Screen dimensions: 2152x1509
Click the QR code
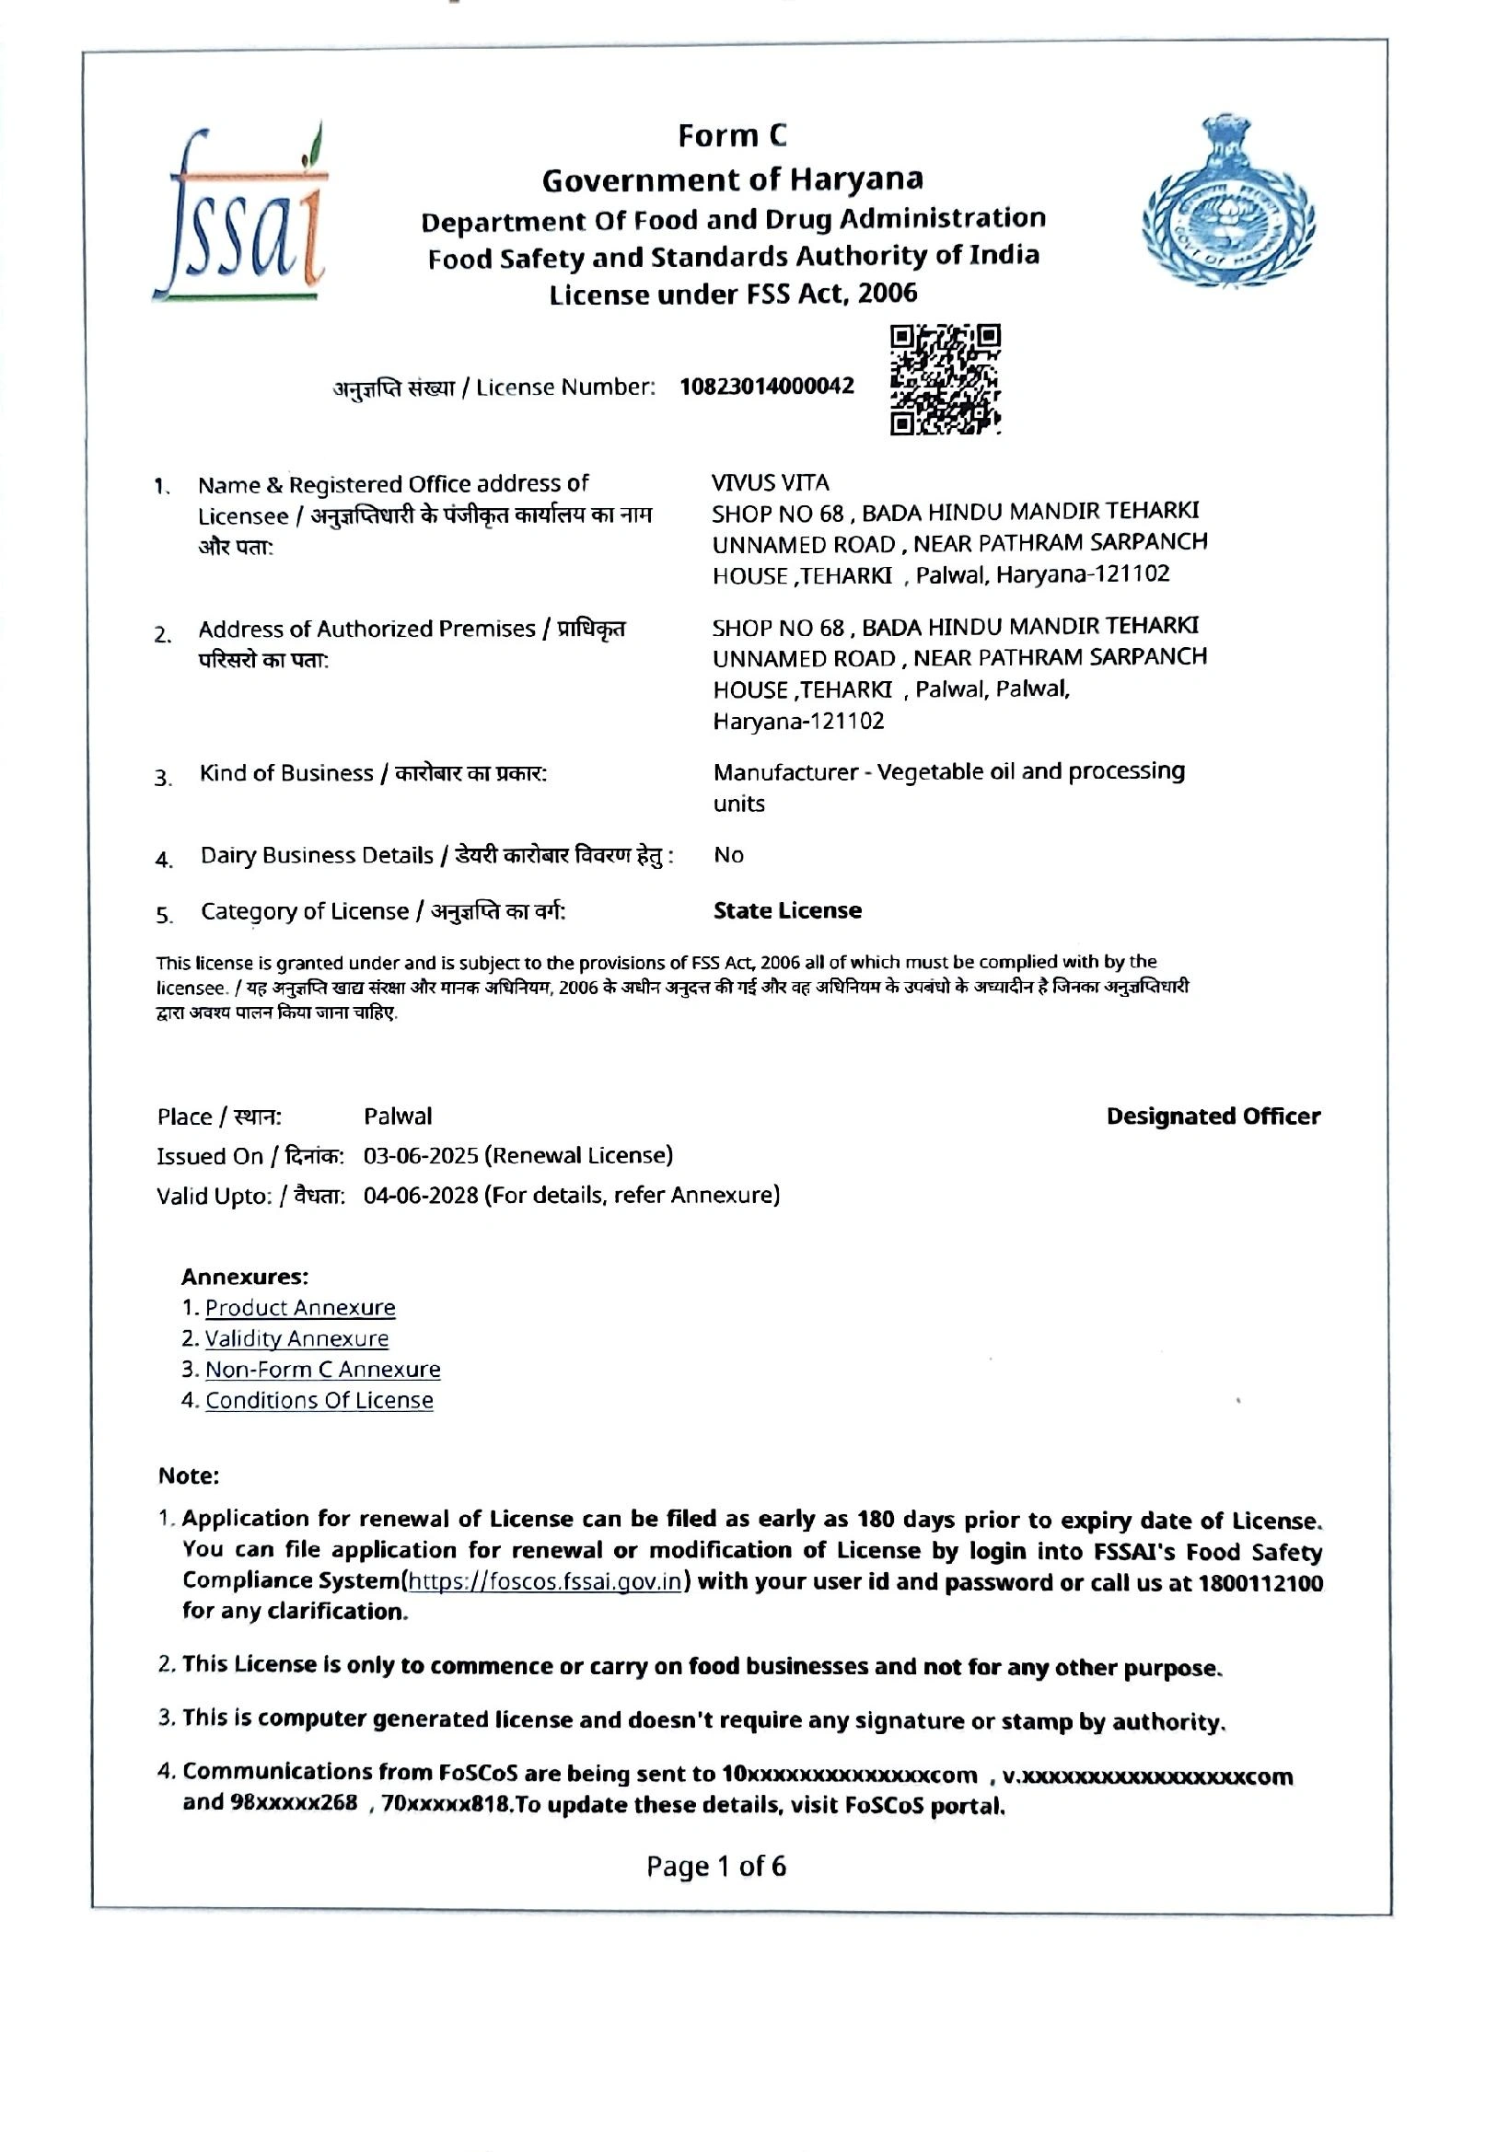pyautogui.click(x=945, y=379)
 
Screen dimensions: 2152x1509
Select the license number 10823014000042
pyautogui.click(x=767, y=387)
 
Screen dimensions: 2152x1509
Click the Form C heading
pyautogui.click(x=732, y=137)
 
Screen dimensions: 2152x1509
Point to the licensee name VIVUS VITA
pyautogui.click(x=770, y=482)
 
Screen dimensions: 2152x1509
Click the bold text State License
pyautogui.click(x=787, y=910)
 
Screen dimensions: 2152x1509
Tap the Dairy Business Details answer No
pyautogui.click(x=728, y=855)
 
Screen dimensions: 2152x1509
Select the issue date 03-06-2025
pyautogui.click(x=421, y=1155)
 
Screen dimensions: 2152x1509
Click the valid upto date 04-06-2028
pyautogui.click(x=421, y=1195)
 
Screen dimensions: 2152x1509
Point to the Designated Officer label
pyautogui.click(x=1213, y=1116)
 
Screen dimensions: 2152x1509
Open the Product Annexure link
pyautogui.click(x=300, y=1308)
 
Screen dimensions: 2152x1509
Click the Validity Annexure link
pyautogui.click(x=296, y=1338)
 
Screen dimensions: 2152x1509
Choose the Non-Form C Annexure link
pyautogui.click(x=322, y=1370)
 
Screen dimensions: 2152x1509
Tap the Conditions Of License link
pyautogui.click(x=319, y=1400)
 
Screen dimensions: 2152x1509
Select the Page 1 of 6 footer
pyautogui.click(x=716, y=1866)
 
